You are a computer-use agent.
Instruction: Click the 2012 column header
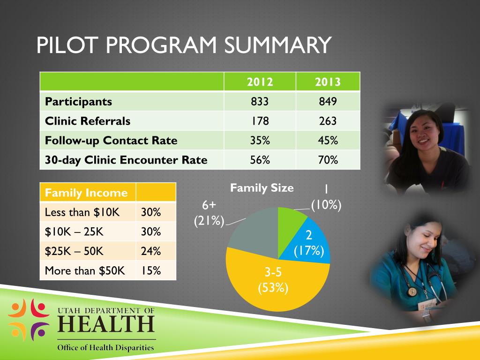coord(260,82)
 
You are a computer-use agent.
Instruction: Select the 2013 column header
coord(328,82)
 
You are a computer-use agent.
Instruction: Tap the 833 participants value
coord(260,102)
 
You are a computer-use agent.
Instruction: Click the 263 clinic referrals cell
coord(328,121)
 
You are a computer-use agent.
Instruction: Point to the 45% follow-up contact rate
coord(328,141)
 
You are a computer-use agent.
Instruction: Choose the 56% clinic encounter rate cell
coord(260,160)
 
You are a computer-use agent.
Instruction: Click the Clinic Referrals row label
coord(88,121)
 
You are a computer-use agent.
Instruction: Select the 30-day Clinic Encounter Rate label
coord(126,160)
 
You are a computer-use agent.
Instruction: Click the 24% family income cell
coord(151,251)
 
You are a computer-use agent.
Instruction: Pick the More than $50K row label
coord(85,270)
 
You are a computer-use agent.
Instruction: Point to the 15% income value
coord(151,270)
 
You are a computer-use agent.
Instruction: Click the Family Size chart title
coord(262,188)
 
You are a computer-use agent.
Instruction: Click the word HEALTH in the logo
coord(106,324)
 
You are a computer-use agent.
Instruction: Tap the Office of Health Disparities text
coord(105,348)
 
